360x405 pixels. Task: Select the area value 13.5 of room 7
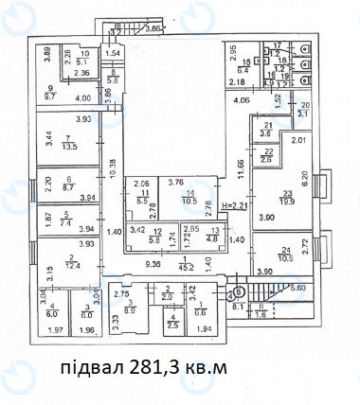(x=69, y=145)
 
